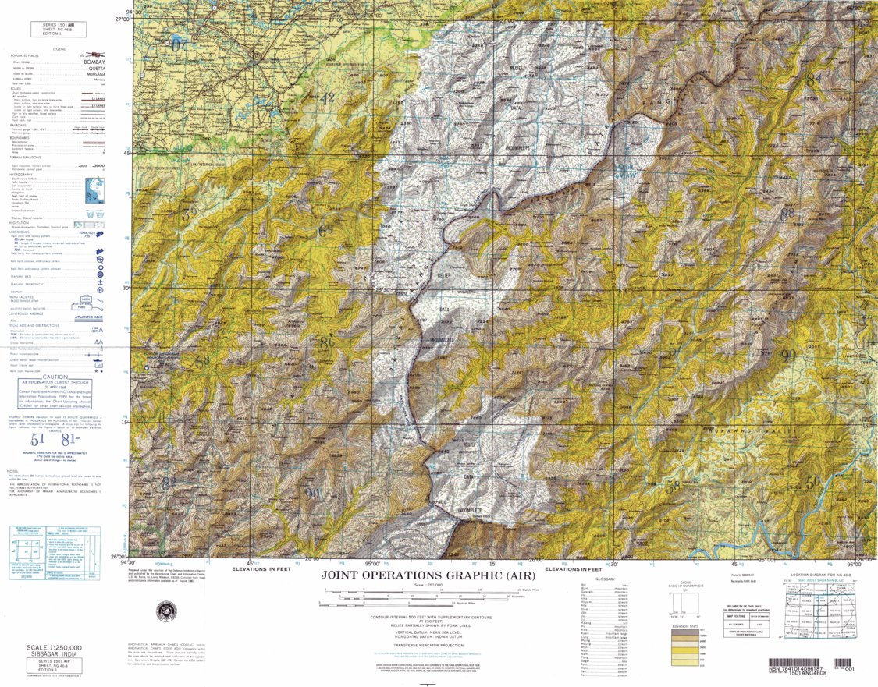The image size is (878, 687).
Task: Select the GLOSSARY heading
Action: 606,579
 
